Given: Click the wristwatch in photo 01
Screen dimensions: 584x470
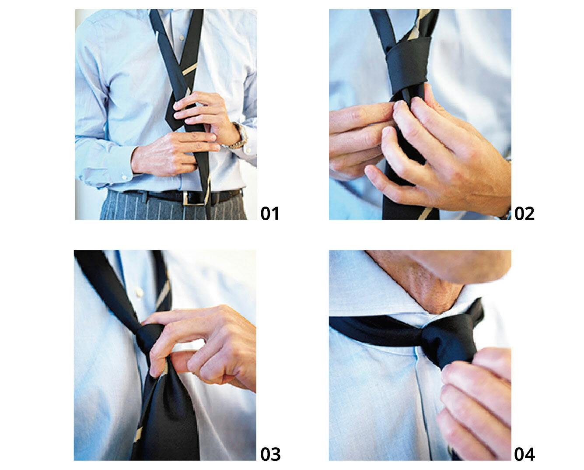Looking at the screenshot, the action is (240, 136).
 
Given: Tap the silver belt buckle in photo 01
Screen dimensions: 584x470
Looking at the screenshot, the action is (192, 199).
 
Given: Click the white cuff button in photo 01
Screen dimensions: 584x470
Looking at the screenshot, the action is (124, 177).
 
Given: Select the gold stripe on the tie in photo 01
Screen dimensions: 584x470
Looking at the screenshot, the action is (190, 70).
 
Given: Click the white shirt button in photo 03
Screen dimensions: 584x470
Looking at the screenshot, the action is (140, 292).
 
